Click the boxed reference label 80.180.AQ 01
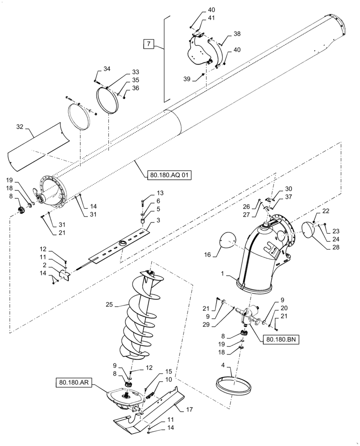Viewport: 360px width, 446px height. pos(168,175)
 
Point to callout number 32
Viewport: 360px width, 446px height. pos(19,127)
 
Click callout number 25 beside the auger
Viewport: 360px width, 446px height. pos(109,305)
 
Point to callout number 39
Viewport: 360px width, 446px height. pos(187,78)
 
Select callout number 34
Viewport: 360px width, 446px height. pos(106,69)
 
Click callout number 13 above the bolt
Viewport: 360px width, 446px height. pos(147,193)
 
